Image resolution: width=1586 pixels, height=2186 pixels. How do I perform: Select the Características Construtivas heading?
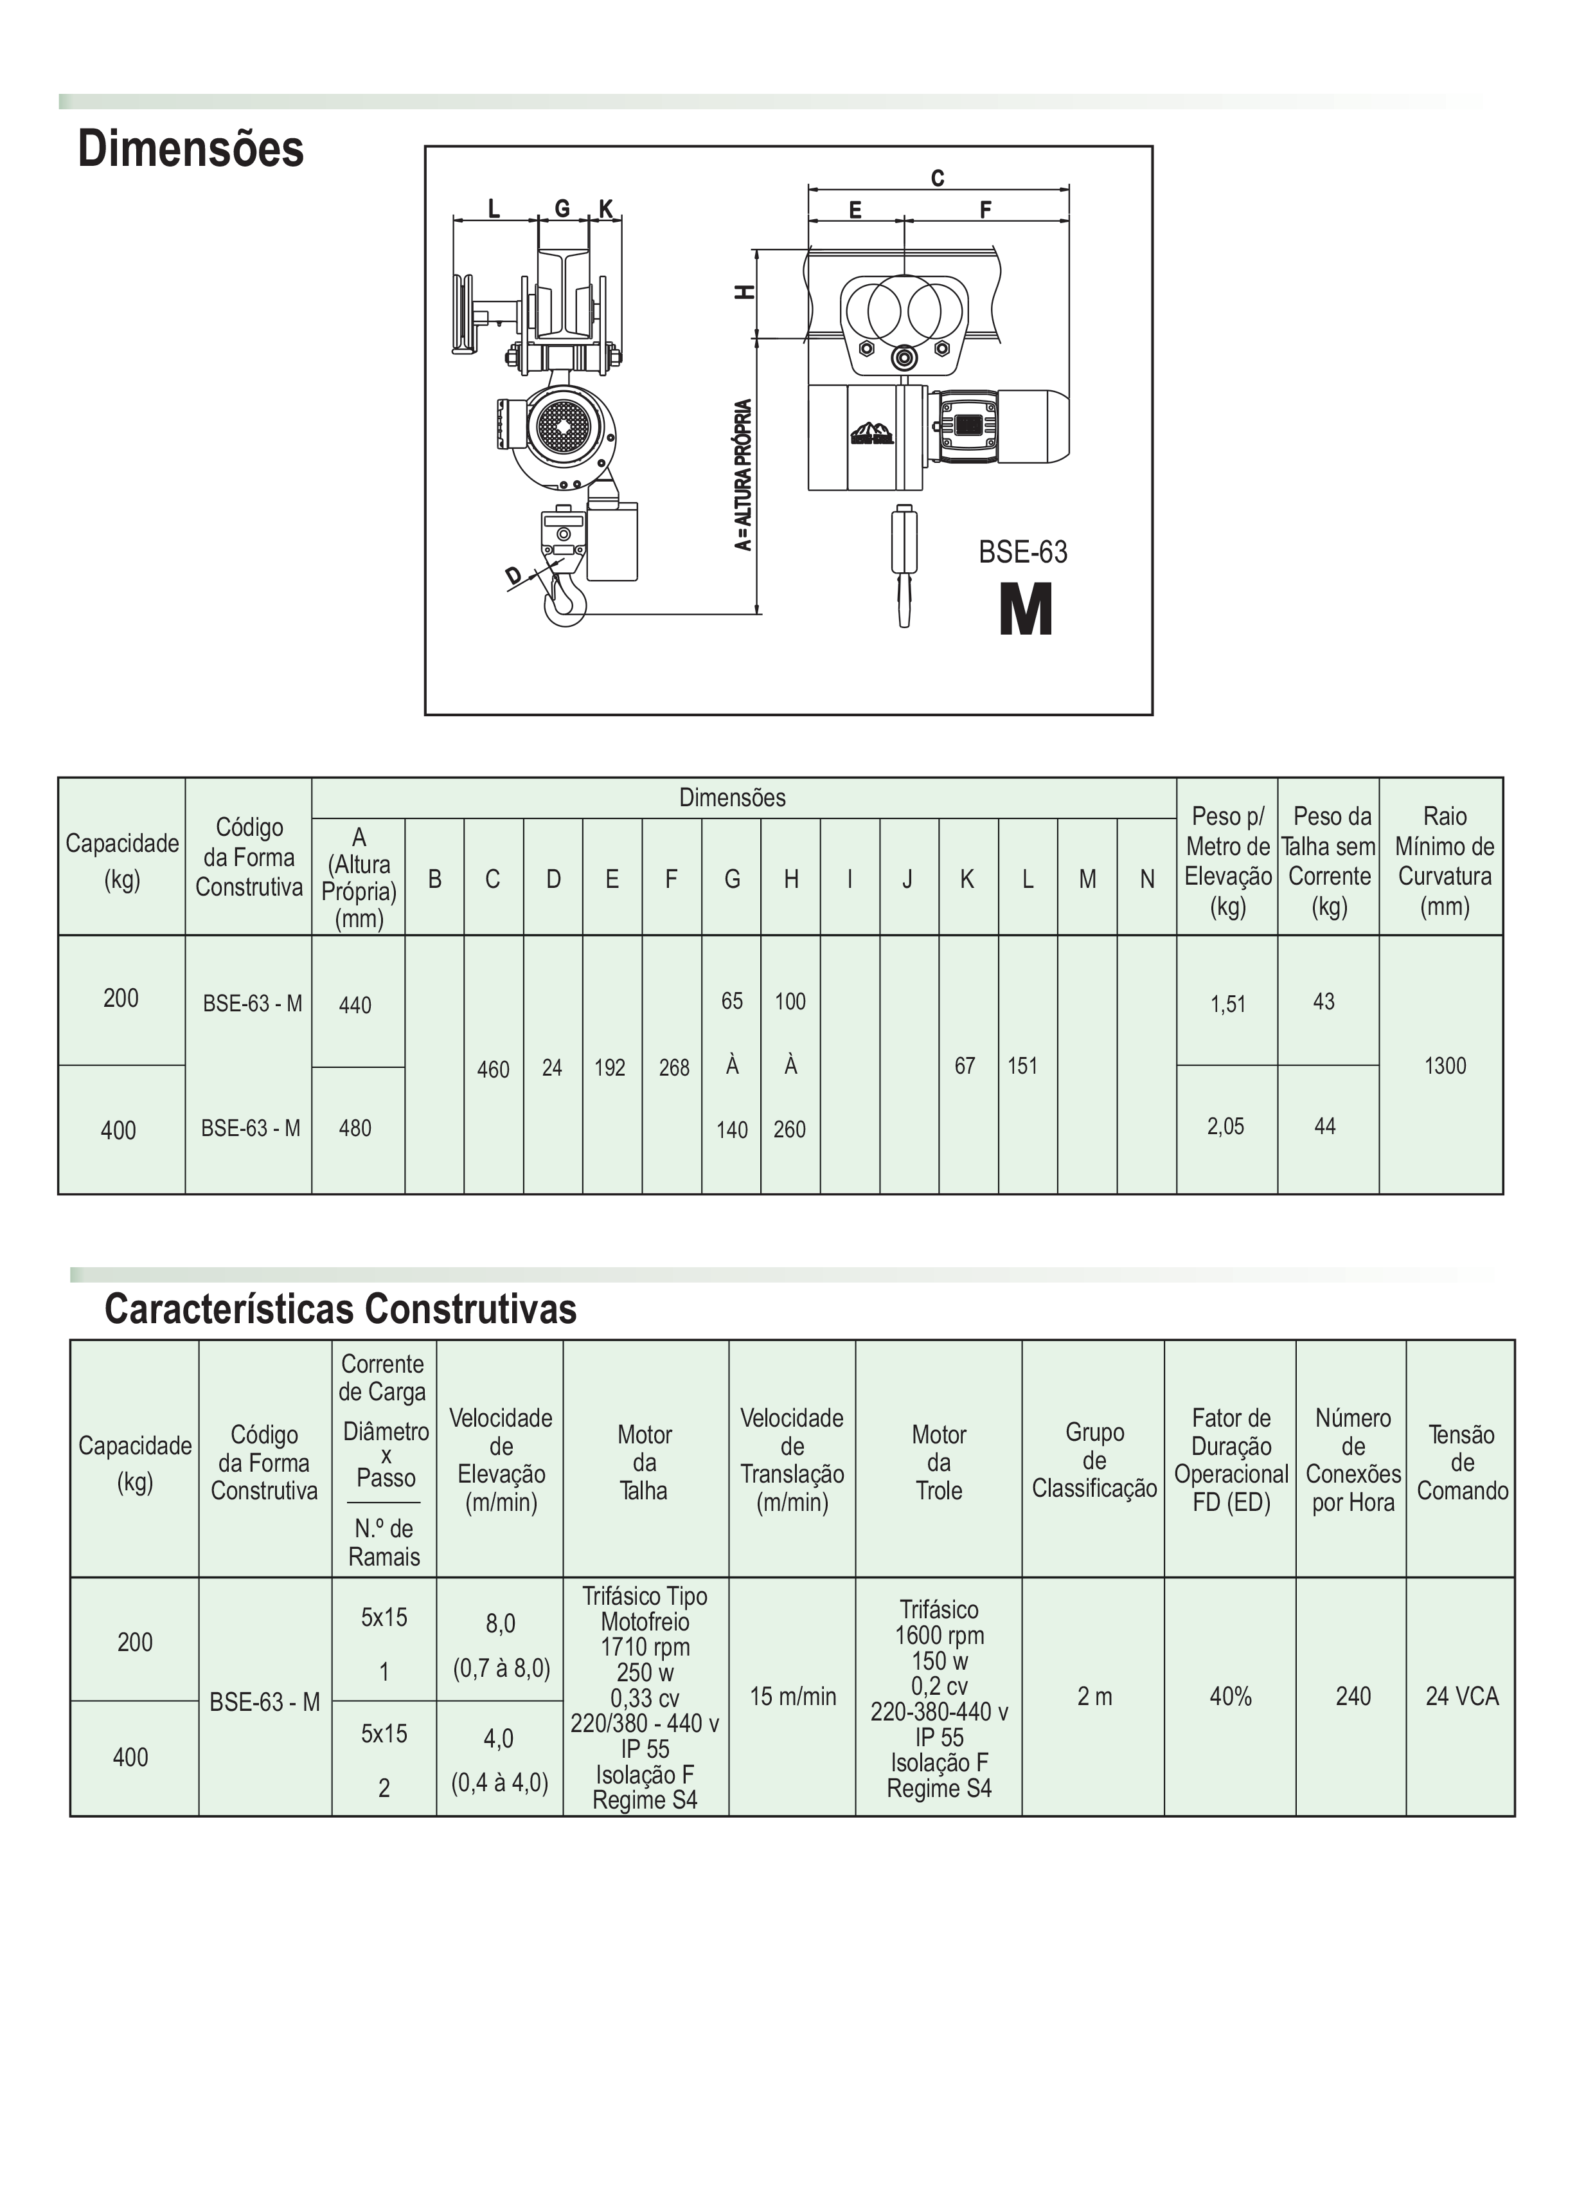(340, 1309)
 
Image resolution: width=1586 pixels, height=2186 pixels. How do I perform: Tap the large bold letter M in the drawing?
(1025, 610)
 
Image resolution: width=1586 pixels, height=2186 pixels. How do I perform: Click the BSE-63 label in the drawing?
(1022, 552)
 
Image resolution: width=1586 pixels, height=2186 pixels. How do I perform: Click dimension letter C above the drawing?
(938, 178)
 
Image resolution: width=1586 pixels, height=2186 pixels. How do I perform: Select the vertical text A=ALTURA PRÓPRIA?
(743, 475)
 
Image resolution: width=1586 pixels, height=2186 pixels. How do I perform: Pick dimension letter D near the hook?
(513, 575)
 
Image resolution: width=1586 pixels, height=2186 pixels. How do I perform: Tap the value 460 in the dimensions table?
(494, 1069)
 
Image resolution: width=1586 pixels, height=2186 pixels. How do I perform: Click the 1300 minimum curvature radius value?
(1445, 1065)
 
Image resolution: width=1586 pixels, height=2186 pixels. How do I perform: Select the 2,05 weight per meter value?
(1225, 1126)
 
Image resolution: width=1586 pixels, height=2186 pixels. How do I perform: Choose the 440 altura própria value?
(355, 1006)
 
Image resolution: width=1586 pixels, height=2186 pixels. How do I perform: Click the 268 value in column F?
(673, 1067)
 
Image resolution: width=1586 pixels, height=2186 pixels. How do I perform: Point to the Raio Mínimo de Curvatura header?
(1445, 861)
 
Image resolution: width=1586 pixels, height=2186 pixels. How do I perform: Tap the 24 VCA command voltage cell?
(1462, 1696)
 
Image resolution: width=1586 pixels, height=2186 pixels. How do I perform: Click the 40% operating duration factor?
(1231, 1696)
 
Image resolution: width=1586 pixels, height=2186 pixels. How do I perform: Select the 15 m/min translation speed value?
(793, 1696)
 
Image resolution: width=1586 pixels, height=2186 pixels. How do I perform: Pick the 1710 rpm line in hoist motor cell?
(645, 1647)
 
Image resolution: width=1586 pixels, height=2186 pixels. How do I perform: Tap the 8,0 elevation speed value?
(500, 1624)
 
